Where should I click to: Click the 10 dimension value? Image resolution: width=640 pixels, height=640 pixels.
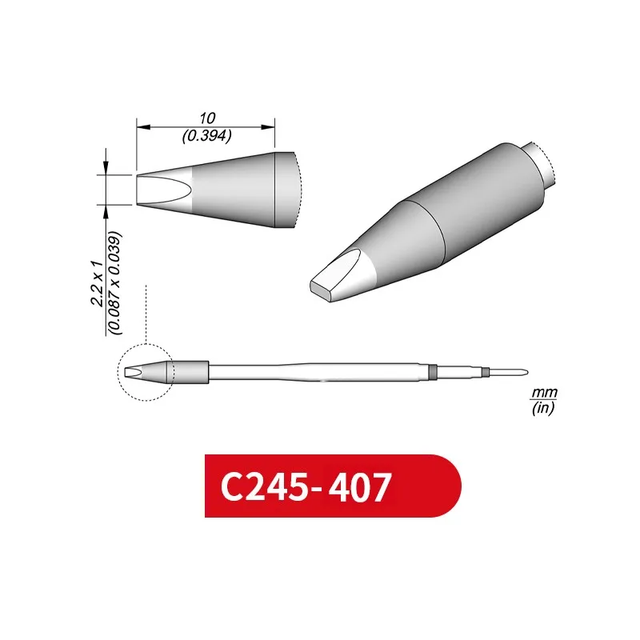[206, 118]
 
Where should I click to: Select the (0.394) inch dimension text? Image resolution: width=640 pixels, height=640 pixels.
[206, 136]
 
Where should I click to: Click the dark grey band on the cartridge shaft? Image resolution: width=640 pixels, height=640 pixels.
[432, 372]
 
